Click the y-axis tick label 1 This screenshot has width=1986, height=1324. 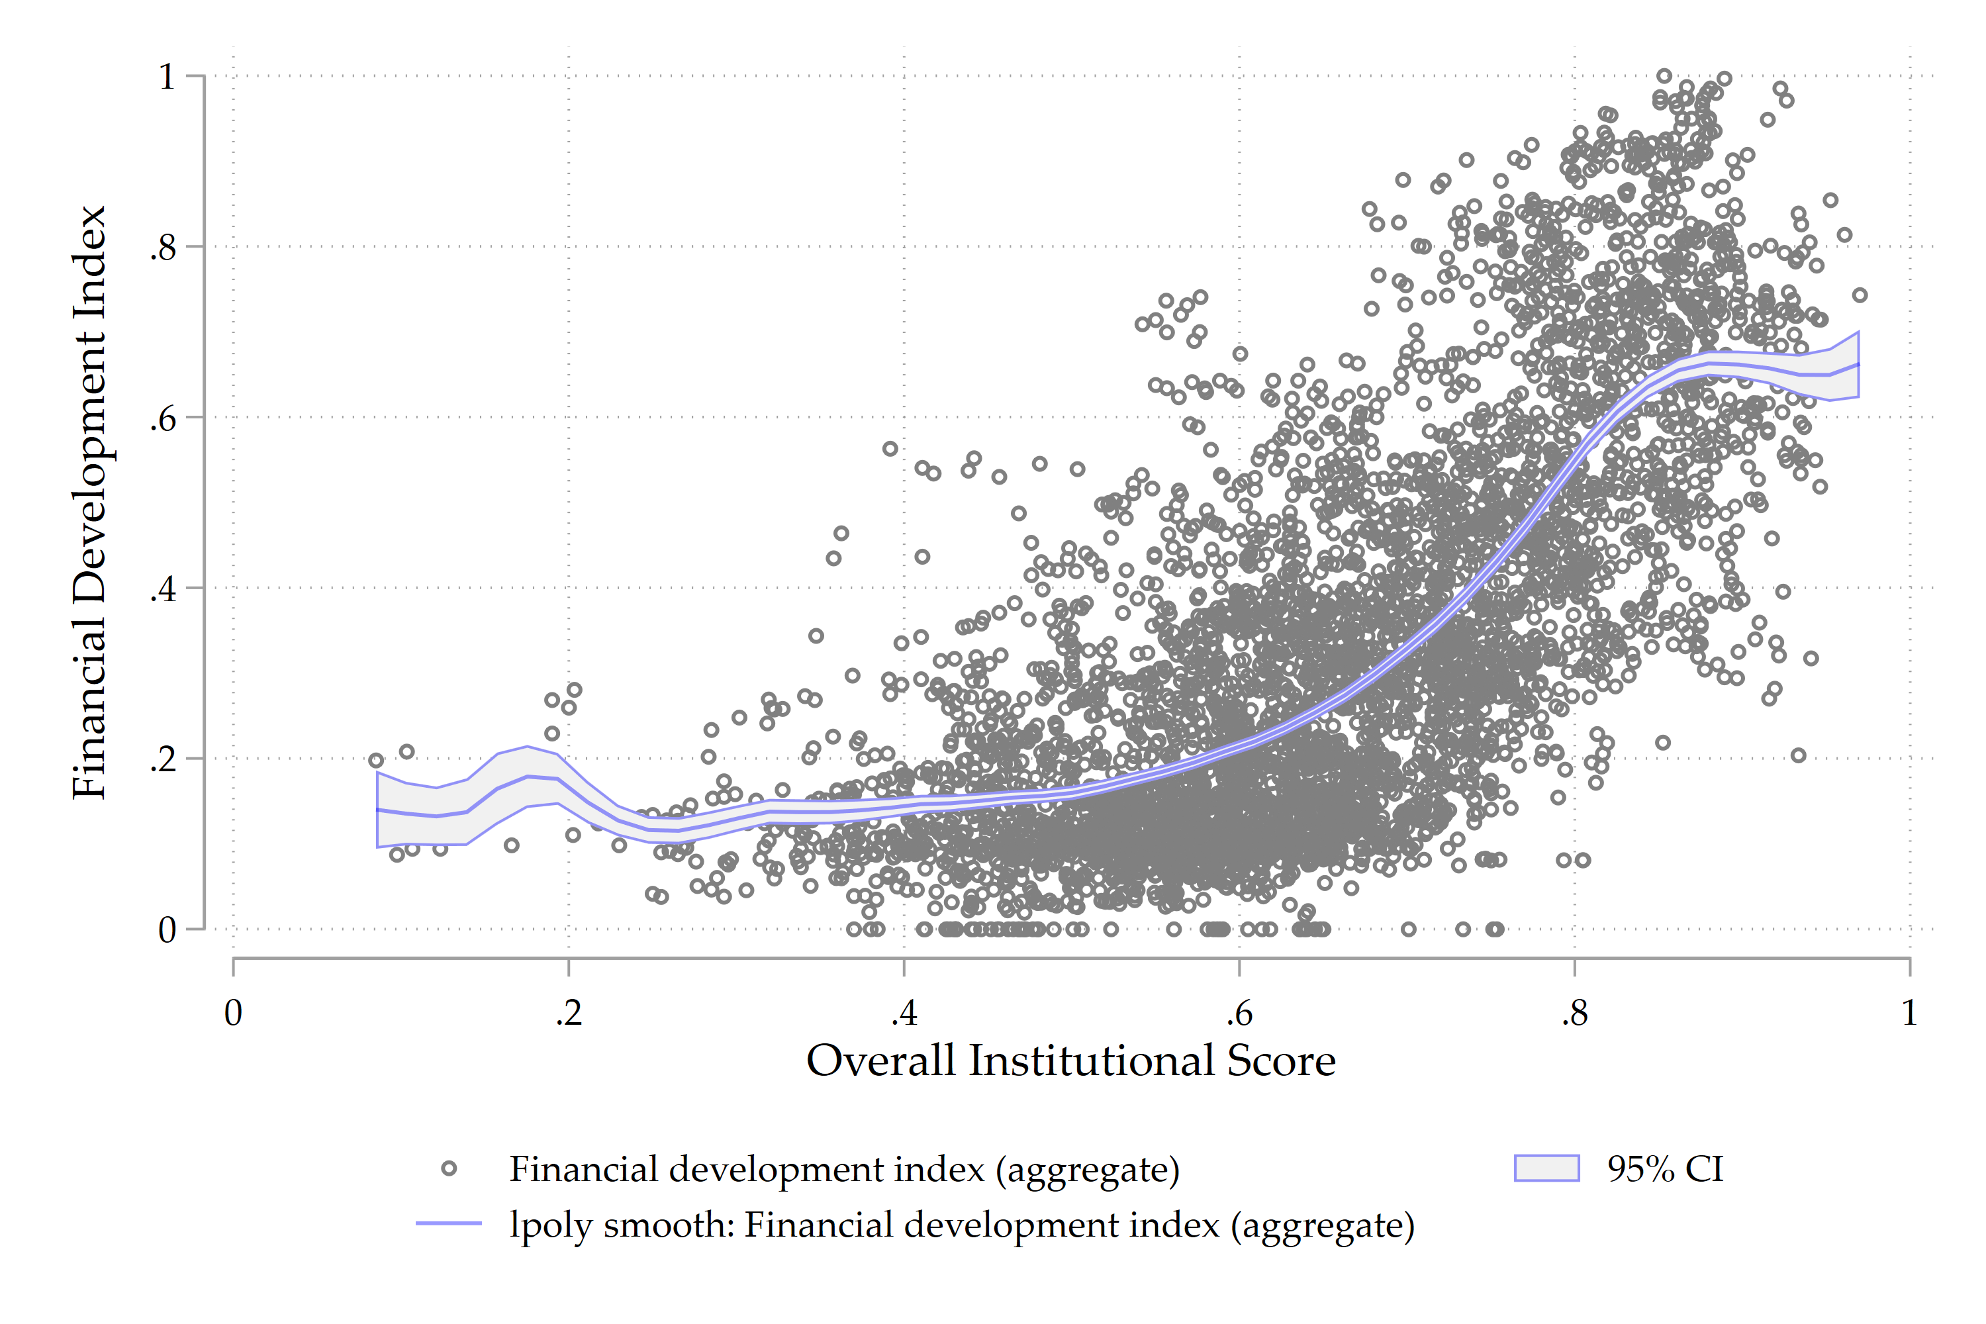tap(167, 77)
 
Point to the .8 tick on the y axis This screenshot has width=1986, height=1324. tap(163, 248)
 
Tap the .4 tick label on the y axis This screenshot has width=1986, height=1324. tap(163, 589)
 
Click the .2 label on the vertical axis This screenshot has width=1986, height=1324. tap(163, 759)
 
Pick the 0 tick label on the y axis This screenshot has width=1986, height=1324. tap(167, 929)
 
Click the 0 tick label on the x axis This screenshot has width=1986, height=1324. tap(233, 1012)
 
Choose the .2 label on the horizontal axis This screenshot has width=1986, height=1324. tap(568, 1012)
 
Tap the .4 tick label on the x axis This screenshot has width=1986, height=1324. tap(904, 1012)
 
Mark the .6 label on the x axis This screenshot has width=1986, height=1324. tap(1239, 1012)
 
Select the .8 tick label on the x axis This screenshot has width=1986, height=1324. tap(1574, 1012)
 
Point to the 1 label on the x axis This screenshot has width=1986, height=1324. tap(1909, 1012)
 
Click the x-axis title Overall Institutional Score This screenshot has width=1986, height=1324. tap(1070, 1061)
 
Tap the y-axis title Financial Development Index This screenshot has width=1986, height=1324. tap(89, 502)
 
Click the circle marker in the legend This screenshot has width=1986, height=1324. tap(449, 1168)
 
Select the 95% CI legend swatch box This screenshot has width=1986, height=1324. tap(1546, 1168)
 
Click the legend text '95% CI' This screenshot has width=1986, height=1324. tap(1665, 1168)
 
